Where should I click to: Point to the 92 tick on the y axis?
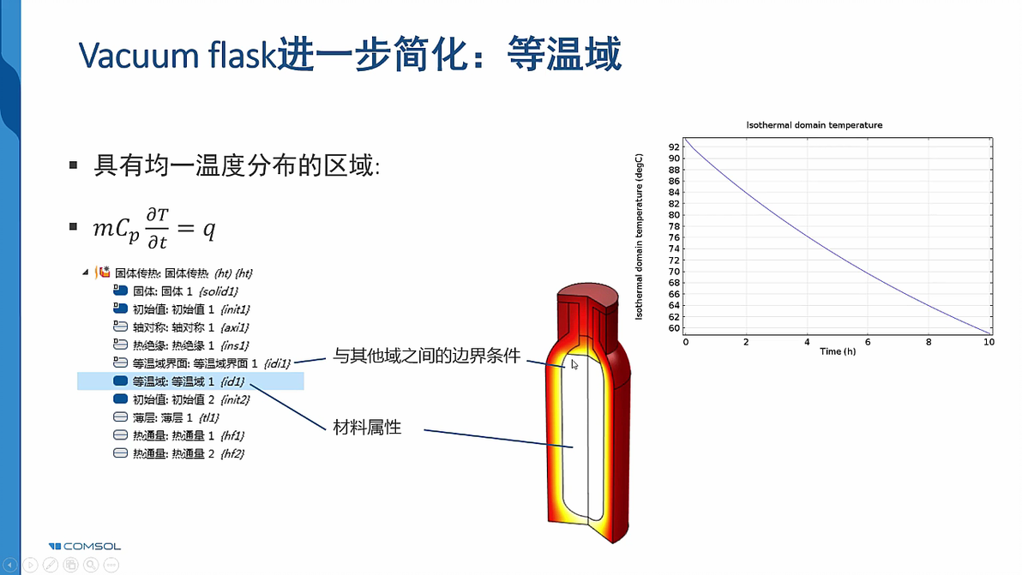[x=674, y=147]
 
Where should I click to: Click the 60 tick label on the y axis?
[x=674, y=328]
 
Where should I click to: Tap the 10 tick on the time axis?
[x=989, y=342]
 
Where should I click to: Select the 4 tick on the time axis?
[x=807, y=342]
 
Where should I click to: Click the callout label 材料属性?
[x=367, y=427]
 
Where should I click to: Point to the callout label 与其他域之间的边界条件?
[x=426, y=356]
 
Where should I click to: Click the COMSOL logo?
[x=85, y=546]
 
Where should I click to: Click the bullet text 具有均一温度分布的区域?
[x=236, y=165]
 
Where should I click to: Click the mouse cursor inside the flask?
[x=574, y=364]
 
